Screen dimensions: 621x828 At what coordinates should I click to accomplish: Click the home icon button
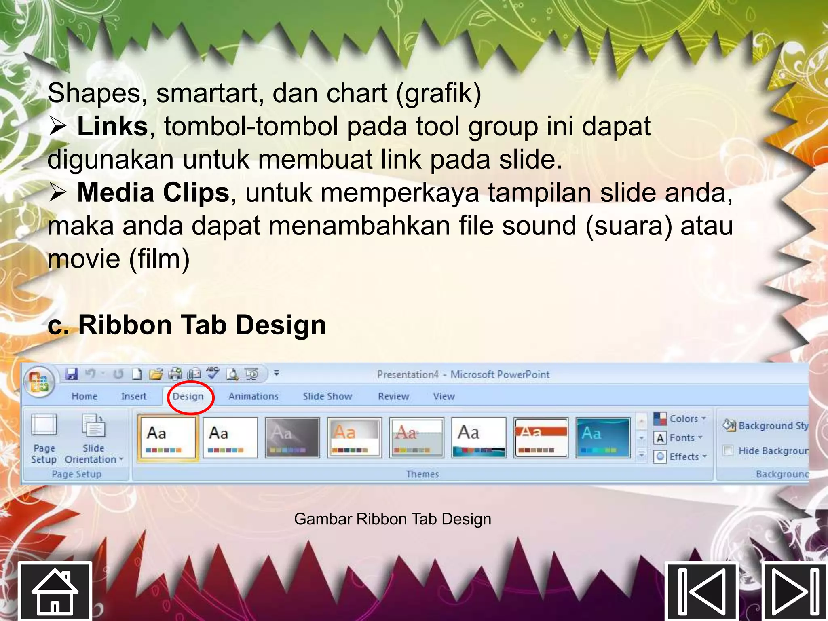pos(55,591)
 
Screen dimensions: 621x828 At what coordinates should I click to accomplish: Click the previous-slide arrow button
pos(702,591)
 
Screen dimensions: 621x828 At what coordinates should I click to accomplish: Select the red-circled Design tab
pos(188,397)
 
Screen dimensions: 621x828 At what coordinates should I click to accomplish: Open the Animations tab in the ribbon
pos(253,397)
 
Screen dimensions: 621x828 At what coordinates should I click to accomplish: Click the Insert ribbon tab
pos(134,397)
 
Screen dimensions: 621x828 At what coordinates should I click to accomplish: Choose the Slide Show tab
pos(327,397)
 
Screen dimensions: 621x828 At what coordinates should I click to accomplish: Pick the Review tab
pos(393,397)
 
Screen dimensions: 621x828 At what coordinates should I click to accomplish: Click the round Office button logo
pos(39,382)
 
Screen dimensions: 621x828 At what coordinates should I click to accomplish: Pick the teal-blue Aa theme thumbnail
pos(603,438)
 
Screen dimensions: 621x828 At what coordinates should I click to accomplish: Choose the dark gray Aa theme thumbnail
pos(292,438)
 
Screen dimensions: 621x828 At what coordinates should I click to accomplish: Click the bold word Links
pos(112,127)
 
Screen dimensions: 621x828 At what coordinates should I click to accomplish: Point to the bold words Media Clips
pos(153,193)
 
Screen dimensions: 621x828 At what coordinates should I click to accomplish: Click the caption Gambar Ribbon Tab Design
pos(393,519)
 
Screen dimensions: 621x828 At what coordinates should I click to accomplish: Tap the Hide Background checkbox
pos(729,450)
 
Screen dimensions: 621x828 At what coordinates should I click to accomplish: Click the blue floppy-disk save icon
pos(72,374)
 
